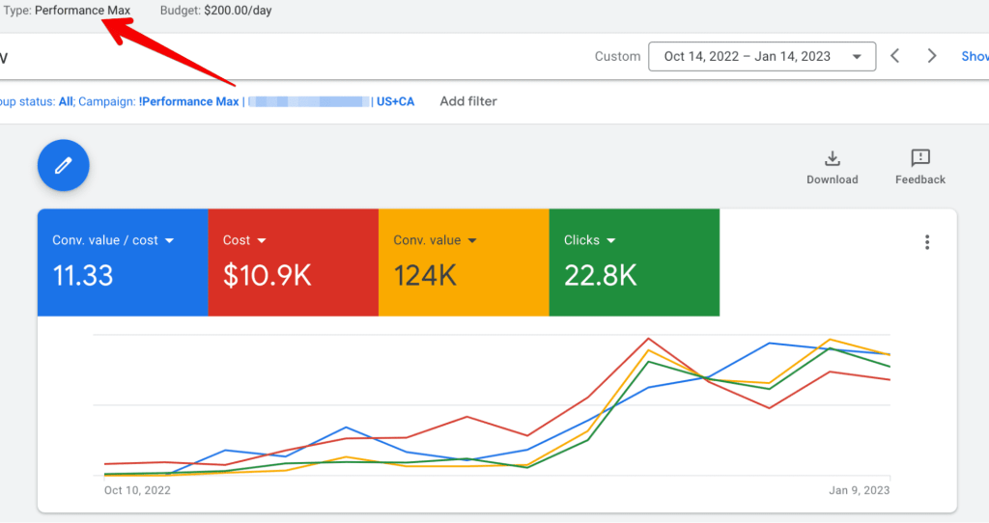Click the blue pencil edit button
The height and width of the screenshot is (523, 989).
[x=64, y=166]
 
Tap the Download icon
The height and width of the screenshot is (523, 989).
[x=832, y=159]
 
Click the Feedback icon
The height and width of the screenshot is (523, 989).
[x=919, y=159]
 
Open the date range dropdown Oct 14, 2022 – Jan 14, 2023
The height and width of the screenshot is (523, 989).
[x=761, y=56]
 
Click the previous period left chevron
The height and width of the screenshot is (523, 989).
[x=895, y=56]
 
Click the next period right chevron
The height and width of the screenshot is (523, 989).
[x=932, y=56]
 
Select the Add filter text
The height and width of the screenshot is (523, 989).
[x=468, y=101]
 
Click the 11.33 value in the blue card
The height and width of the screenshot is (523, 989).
[x=83, y=276]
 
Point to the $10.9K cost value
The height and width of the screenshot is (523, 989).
[x=268, y=276]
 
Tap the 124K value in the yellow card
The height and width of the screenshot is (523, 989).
[x=425, y=276]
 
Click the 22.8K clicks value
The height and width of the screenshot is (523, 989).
[x=601, y=276]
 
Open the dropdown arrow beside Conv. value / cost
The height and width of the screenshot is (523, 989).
[x=170, y=240]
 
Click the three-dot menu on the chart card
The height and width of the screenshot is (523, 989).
[x=927, y=242]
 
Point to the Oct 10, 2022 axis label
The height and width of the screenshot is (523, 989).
[x=137, y=490]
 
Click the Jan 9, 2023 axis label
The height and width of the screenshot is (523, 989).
[x=859, y=490]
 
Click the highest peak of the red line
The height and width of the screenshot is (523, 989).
[x=648, y=339]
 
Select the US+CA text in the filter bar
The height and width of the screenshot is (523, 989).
[x=395, y=101]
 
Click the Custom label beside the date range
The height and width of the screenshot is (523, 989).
[x=617, y=56]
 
